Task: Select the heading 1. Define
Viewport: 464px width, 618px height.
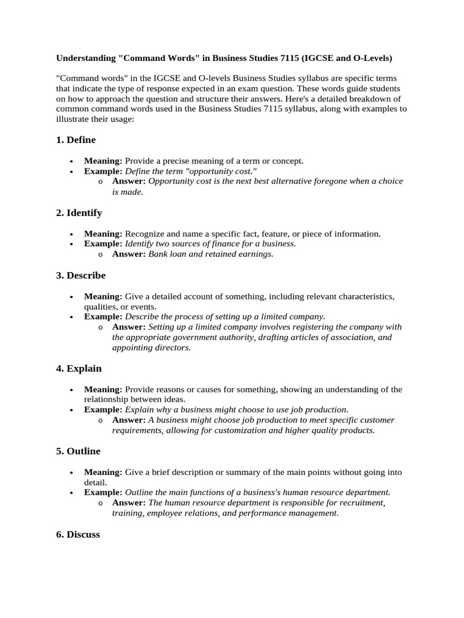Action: click(76, 140)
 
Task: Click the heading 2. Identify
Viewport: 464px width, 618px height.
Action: click(79, 213)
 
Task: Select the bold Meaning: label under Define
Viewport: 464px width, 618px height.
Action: click(103, 161)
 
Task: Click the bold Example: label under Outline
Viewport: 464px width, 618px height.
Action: click(103, 492)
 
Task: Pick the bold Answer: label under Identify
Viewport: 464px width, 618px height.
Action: click(129, 254)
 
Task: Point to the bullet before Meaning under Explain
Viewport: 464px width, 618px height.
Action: click(71, 390)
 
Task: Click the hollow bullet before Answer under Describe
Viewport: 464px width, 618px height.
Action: click(100, 327)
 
